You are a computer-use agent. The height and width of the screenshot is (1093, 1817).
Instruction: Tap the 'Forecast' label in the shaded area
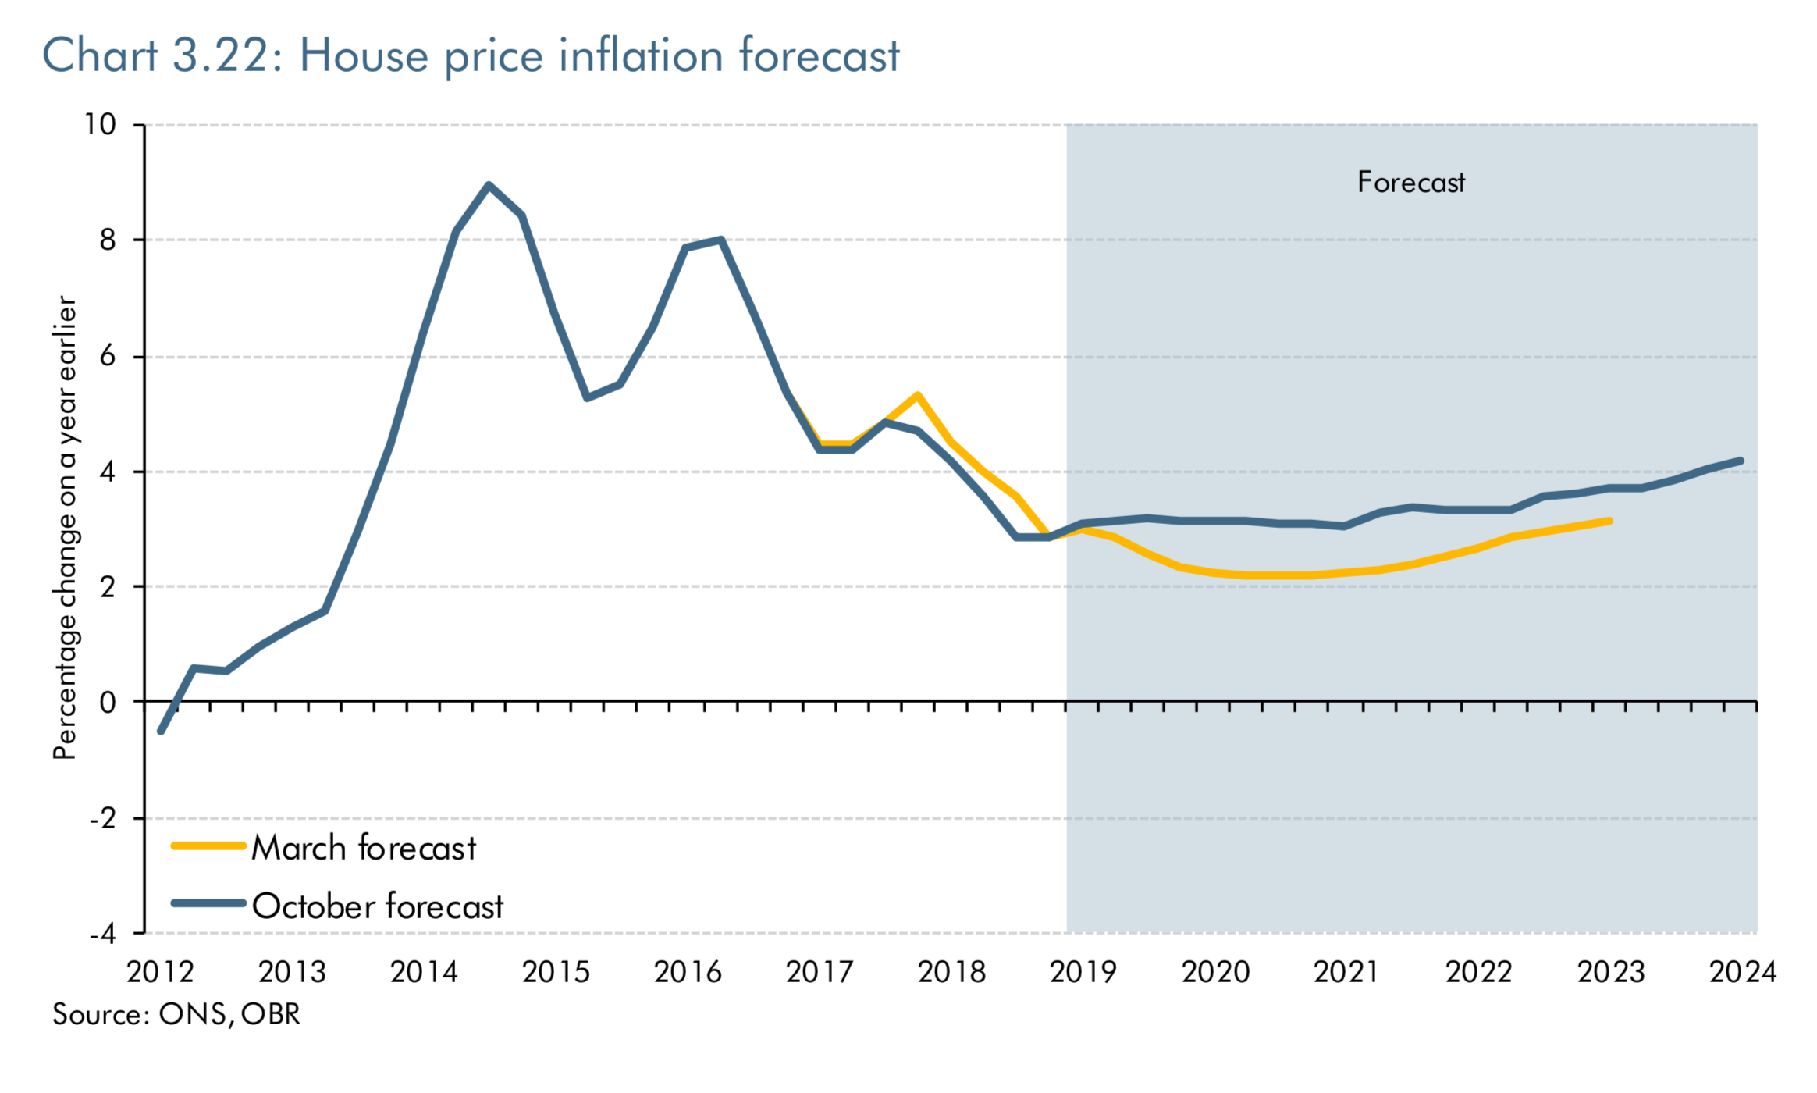pos(1410,183)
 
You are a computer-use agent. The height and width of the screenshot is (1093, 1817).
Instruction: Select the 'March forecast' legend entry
pos(363,848)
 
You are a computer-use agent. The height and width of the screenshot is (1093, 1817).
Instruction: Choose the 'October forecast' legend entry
pos(377,906)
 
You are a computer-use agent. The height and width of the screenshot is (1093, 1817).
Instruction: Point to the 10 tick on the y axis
pos(100,124)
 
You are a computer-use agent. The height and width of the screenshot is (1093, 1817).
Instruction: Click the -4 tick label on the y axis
pos(102,934)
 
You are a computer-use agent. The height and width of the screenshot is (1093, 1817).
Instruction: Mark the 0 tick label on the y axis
pos(107,703)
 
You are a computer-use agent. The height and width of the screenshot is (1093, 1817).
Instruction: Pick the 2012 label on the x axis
pos(160,973)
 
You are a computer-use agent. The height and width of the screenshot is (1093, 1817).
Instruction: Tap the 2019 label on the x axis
pos(1083,973)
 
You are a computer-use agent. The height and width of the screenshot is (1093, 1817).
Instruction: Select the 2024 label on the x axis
pos(1742,973)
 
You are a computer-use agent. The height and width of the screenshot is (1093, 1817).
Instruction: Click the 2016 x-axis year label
pos(688,973)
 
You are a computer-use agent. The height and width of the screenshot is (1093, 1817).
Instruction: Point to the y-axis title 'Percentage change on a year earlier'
pos(65,527)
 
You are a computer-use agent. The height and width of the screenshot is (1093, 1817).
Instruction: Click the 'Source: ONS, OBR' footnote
pos(176,1015)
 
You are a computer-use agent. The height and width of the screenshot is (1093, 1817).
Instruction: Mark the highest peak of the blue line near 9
pos(489,185)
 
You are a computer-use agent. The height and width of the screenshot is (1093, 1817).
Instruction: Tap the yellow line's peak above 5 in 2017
pos(918,395)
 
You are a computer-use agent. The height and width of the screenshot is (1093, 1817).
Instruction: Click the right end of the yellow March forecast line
pos(1609,521)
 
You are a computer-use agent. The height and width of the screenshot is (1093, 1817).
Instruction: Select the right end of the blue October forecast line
pos(1741,461)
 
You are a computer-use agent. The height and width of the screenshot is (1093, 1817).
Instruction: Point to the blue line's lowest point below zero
pos(161,732)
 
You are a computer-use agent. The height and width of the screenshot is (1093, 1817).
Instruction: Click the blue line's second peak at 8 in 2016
pos(720,240)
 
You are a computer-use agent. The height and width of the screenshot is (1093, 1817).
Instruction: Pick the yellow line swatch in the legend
pos(208,846)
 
